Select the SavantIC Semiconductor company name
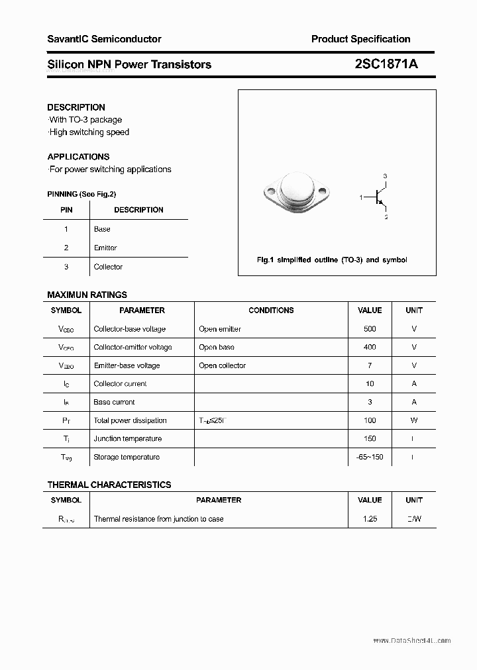point(104,39)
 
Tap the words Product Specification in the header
point(360,39)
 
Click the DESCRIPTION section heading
point(76,107)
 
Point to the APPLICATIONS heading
point(78,157)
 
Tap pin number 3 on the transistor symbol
point(385,176)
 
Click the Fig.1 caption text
point(332,260)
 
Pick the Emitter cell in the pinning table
point(105,248)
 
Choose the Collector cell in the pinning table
point(108,267)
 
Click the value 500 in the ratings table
point(370,329)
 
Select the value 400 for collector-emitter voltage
point(370,347)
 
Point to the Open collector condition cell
point(222,365)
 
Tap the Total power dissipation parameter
point(130,420)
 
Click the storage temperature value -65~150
point(370,457)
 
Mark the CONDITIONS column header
point(271,311)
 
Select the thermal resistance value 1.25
point(370,519)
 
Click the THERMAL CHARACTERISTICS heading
point(109,485)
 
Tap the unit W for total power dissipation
point(414,420)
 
